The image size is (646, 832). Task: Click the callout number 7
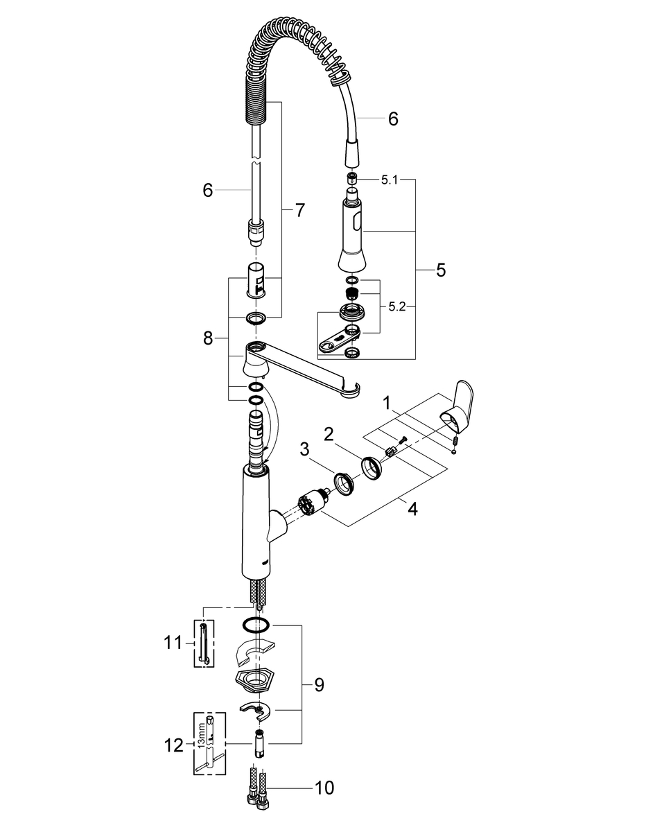tap(299, 211)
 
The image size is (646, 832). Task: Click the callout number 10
tap(324, 788)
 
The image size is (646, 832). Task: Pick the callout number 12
tap(174, 746)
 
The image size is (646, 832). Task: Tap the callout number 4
tap(412, 509)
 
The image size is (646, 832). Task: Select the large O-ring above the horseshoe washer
tap(256, 623)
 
